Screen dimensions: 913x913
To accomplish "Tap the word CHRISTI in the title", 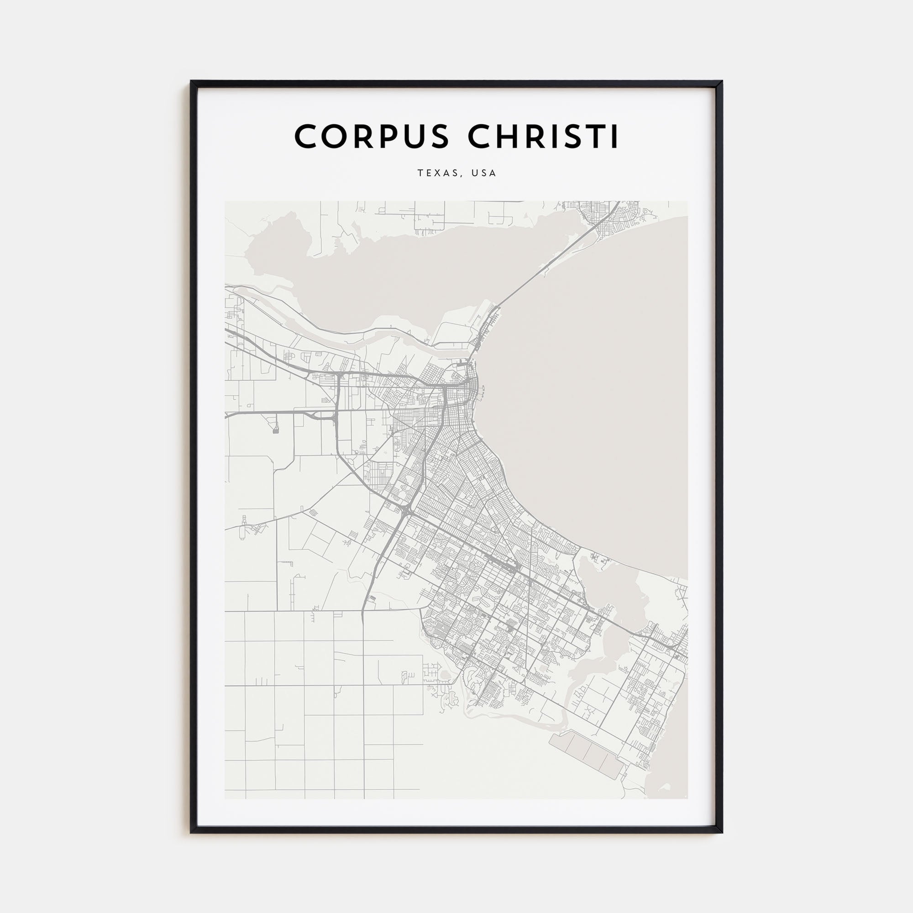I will click(x=543, y=136).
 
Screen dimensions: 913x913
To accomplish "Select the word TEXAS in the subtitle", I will click(x=437, y=173).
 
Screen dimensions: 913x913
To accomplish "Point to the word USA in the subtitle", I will click(x=484, y=173).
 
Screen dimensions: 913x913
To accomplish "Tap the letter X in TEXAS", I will click(x=437, y=173).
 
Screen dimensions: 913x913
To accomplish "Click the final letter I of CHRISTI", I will click(x=615, y=136).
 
